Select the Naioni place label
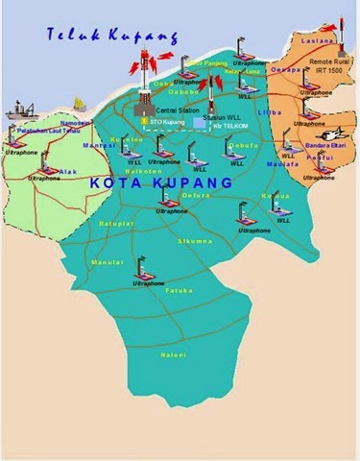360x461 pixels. pos(174,355)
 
